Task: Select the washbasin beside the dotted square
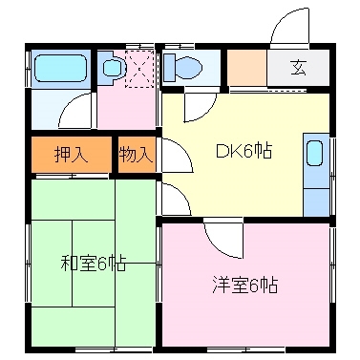112,67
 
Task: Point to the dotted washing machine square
140,68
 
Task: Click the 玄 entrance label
298,69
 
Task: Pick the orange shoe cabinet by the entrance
245,69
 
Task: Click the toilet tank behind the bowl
170,66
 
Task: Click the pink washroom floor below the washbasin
129,110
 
